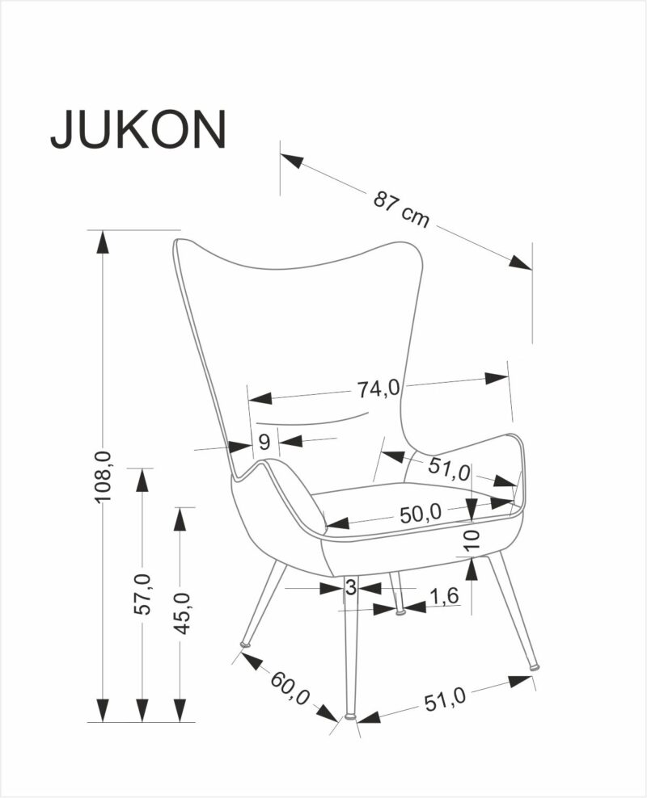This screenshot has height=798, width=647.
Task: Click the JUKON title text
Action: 137,128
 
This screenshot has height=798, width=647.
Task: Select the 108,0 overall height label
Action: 103,477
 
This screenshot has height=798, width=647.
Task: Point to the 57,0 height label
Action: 142,594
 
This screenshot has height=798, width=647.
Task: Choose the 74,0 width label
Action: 378,388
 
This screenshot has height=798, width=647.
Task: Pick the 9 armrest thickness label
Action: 264,442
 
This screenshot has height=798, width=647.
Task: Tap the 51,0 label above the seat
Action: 449,468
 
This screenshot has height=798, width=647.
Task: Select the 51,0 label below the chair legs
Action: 444,699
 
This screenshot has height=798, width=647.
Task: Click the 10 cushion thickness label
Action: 473,539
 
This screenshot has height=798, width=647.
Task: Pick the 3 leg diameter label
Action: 351,588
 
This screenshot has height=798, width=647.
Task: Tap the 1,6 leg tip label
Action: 443,597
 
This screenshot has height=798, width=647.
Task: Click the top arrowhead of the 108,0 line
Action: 103,241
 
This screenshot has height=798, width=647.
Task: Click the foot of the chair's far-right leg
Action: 535,667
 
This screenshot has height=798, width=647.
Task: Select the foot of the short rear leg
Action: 399,610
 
